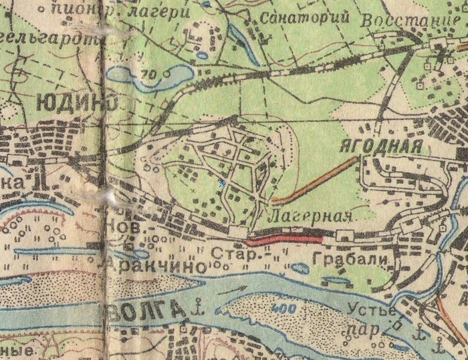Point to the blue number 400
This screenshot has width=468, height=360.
click(285, 309)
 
